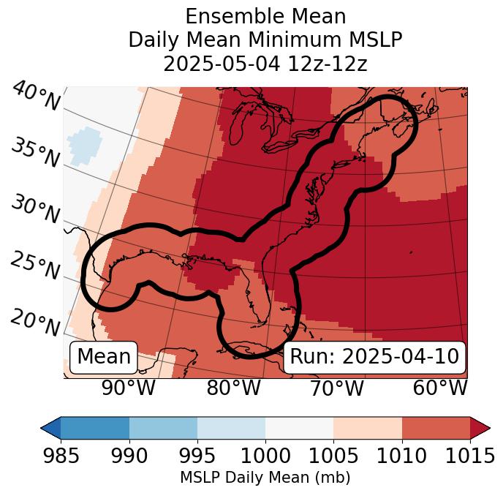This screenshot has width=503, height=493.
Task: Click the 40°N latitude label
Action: pyautogui.click(x=36, y=97)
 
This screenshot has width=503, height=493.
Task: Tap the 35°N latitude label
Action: pyautogui.click(x=34, y=153)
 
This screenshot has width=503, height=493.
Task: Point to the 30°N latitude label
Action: pyautogui.click(x=34, y=209)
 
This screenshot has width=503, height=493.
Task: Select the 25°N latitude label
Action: pyautogui.click(x=34, y=266)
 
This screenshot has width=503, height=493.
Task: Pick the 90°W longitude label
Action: pyautogui.click(x=128, y=388)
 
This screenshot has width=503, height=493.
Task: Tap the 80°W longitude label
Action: pyautogui.click(x=234, y=388)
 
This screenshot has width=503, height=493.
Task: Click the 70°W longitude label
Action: pyautogui.click(x=336, y=388)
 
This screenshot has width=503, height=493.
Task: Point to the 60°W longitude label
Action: pyautogui.click(x=440, y=388)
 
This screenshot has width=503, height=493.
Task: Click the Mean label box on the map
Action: pyautogui.click(x=104, y=357)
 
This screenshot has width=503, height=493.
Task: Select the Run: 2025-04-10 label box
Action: pyautogui.click(x=374, y=357)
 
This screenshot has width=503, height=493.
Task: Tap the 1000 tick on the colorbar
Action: pyautogui.click(x=265, y=456)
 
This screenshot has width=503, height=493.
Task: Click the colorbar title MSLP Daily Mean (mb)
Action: pyautogui.click(x=265, y=478)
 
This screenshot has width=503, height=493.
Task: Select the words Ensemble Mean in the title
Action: pyautogui.click(x=265, y=16)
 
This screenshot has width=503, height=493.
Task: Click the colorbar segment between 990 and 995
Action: pyautogui.click(x=163, y=427)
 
